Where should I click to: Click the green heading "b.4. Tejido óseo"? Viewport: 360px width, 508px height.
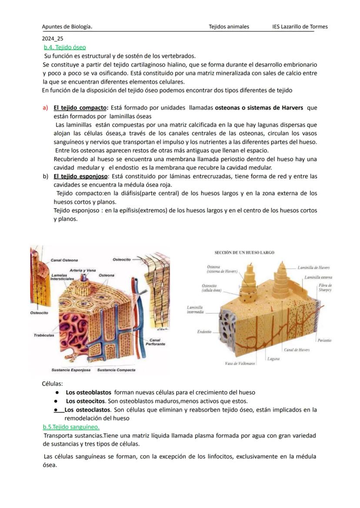(x=65, y=47)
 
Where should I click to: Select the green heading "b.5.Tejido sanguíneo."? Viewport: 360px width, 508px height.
(x=71, y=427)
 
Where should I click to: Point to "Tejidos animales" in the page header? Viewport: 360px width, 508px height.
(x=229, y=27)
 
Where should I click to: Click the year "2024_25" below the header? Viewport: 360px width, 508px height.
(x=53, y=38)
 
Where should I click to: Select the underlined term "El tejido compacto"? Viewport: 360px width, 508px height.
(x=80, y=107)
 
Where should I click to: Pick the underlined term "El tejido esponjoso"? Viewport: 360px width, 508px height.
(x=80, y=176)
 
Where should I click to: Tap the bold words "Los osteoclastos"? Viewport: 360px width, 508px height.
(x=87, y=409)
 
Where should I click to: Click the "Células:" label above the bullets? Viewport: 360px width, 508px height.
(x=52, y=384)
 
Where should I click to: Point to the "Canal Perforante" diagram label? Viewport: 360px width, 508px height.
(x=155, y=342)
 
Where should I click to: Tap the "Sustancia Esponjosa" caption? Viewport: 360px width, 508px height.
(x=71, y=370)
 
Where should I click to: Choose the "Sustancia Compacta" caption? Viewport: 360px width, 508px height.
(x=116, y=370)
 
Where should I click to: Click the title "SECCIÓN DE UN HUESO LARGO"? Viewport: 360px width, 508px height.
(x=244, y=252)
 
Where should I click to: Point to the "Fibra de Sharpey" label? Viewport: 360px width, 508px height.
(x=325, y=287)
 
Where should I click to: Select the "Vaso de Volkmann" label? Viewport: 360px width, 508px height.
(x=240, y=363)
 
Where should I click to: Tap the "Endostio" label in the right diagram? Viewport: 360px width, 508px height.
(x=204, y=332)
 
